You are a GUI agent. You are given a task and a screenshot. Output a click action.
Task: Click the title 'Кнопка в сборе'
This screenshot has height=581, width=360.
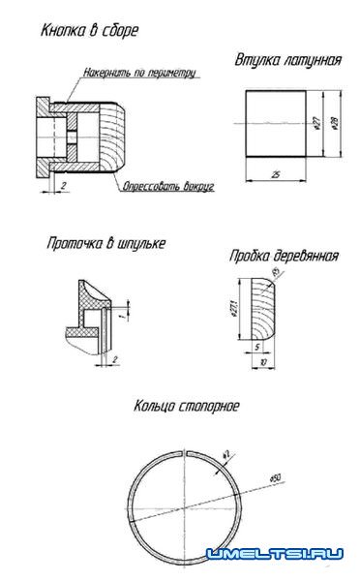[90, 32]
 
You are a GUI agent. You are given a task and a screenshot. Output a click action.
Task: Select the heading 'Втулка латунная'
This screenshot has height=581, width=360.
[287, 60]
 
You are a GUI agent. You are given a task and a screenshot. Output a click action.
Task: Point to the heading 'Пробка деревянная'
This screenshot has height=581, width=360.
[284, 257]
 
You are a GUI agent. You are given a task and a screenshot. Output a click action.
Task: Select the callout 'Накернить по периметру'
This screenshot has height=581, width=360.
[139, 73]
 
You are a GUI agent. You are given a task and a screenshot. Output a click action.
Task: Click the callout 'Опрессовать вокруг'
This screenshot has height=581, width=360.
[167, 184]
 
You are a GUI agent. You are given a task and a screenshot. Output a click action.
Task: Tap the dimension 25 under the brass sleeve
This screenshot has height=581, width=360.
[275, 174]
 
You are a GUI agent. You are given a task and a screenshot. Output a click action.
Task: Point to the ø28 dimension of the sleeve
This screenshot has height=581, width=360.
[335, 122]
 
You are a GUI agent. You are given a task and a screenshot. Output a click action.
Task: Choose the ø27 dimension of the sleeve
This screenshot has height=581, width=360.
[317, 122]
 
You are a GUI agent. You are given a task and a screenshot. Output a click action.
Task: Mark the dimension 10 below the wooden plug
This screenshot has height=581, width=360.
[263, 362]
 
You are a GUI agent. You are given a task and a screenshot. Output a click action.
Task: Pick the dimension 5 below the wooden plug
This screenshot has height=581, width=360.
[255, 346]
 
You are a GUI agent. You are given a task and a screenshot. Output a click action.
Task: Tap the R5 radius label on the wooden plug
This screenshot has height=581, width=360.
[278, 273]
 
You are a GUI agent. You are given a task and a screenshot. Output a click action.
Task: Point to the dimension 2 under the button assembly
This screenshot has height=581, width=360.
[63, 182]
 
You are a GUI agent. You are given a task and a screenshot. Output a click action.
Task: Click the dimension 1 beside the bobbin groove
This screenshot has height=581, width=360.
[125, 312]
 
